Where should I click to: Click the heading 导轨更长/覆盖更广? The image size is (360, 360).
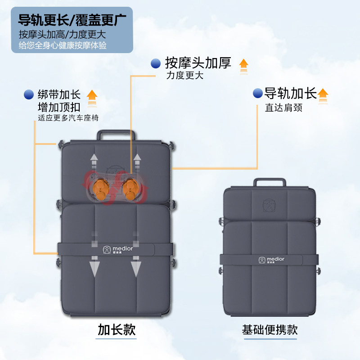point(72,20)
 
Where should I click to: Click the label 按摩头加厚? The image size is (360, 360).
point(198,63)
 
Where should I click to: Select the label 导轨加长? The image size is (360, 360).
point(290,93)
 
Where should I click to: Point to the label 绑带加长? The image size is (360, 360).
point(59,95)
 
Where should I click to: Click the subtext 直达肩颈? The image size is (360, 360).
point(283,108)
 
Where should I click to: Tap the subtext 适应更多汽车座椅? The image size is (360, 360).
point(68,118)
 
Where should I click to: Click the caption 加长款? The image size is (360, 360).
point(117,330)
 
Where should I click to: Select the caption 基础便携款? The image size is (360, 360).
point(270,330)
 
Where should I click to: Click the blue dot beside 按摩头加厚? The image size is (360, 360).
point(156,63)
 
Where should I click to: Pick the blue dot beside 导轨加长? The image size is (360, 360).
point(258,93)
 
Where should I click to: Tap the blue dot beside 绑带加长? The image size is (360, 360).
point(29,94)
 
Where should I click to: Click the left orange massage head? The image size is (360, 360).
point(100,188)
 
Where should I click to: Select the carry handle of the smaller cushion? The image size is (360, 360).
point(270,182)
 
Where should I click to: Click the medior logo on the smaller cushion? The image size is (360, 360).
point(270,260)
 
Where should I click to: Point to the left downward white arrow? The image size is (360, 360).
point(94,265)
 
